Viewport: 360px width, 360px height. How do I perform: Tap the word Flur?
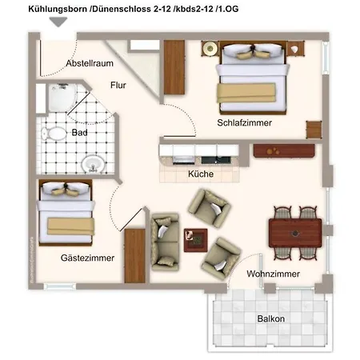pyautogui.click(x=118, y=82)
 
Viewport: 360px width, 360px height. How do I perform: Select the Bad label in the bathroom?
pyautogui.click(x=79, y=133)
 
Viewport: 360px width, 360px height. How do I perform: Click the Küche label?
pyautogui.click(x=200, y=174)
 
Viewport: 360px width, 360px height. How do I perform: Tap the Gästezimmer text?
pyautogui.click(x=87, y=258)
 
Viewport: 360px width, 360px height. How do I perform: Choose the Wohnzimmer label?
pyautogui.click(x=273, y=274)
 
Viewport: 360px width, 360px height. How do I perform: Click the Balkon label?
pyautogui.click(x=270, y=318)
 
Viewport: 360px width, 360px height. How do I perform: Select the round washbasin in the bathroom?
pyautogui.click(x=92, y=165)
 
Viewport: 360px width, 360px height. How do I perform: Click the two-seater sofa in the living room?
pyautogui.click(x=165, y=239)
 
